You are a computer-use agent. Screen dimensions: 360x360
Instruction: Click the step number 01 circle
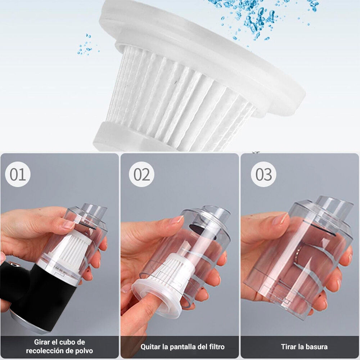(18, 174)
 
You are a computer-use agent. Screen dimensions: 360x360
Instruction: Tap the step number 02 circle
(141, 174)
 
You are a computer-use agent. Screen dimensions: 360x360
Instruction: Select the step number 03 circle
(264, 174)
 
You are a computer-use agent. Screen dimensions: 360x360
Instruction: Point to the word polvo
(84, 351)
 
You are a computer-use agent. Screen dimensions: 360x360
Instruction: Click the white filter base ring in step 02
(158, 298)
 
